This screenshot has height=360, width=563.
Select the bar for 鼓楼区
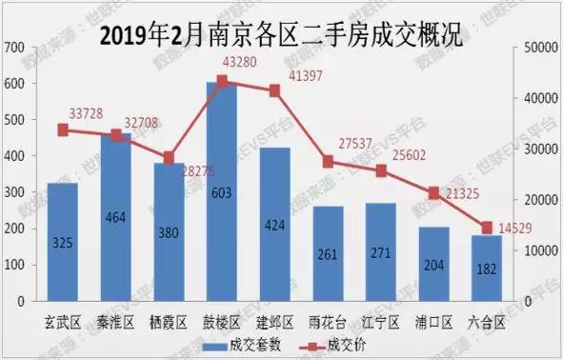(x=222, y=190)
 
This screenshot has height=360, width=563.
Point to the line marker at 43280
(x=222, y=82)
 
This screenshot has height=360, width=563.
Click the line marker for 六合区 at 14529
(x=487, y=228)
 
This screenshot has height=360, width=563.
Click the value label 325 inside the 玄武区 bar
(x=63, y=243)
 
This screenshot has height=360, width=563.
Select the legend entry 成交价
(x=345, y=344)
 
